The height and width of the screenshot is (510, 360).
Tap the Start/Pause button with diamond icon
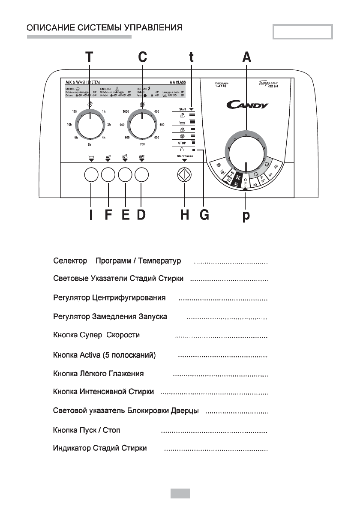click(x=184, y=175)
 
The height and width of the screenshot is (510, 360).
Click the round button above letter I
click(x=91, y=175)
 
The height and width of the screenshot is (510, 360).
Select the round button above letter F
click(x=108, y=175)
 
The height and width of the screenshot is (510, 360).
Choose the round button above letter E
click(x=125, y=175)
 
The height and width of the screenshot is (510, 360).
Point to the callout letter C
click(x=142, y=57)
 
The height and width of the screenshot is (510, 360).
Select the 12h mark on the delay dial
click(x=75, y=111)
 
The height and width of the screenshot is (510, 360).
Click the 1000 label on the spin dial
click(x=126, y=111)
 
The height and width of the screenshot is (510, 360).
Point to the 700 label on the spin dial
click(x=142, y=145)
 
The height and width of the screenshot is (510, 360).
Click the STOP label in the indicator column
click(x=181, y=143)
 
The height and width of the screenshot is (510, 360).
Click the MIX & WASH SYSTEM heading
click(x=81, y=81)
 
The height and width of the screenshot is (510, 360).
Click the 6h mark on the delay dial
click(x=90, y=145)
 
